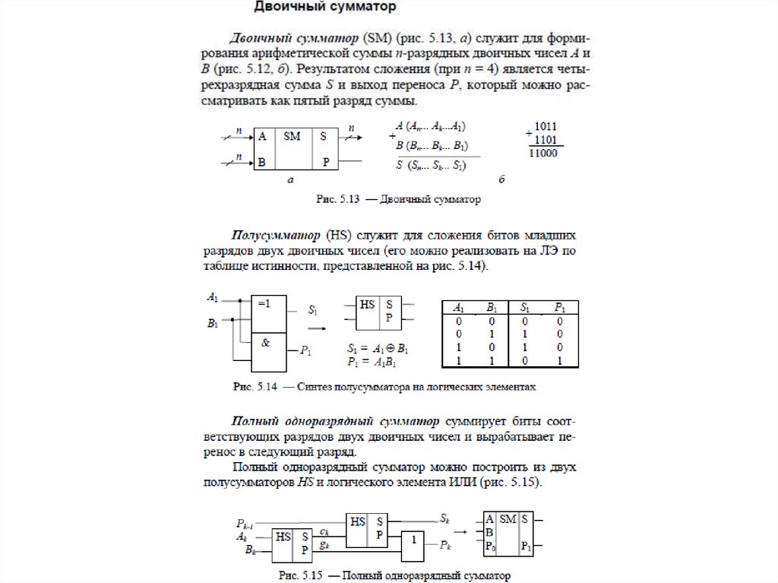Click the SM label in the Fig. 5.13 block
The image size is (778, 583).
pyautogui.click(x=292, y=137)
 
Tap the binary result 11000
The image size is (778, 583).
pyautogui.click(x=542, y=153)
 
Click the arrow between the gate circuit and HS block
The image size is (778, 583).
pyautogui.click(x=318, y=328)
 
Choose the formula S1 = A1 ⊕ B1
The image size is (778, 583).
pyautogui.click(x=378, y=349)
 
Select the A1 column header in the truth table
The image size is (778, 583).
pyautogui.click(x=459, y=309)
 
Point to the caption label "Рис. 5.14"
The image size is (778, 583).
pyautogui.click(x=253, y=387)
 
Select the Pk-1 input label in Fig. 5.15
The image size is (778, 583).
pyautogui.click(x=245, y=524)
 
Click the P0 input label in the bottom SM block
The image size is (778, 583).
pyautogui.click(x=491, y=546)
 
